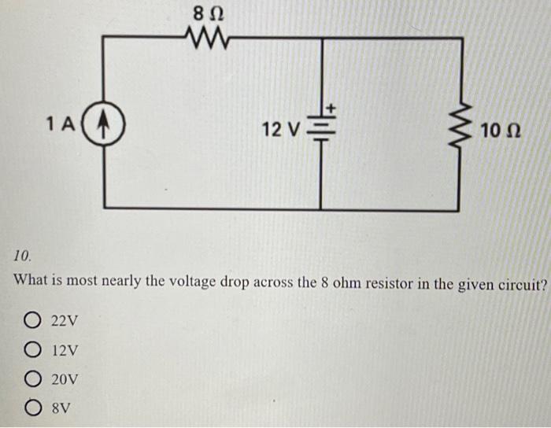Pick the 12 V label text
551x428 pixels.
click(281, 129)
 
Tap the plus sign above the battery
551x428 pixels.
click(331, 105)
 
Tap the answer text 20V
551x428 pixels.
click(65, 379)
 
